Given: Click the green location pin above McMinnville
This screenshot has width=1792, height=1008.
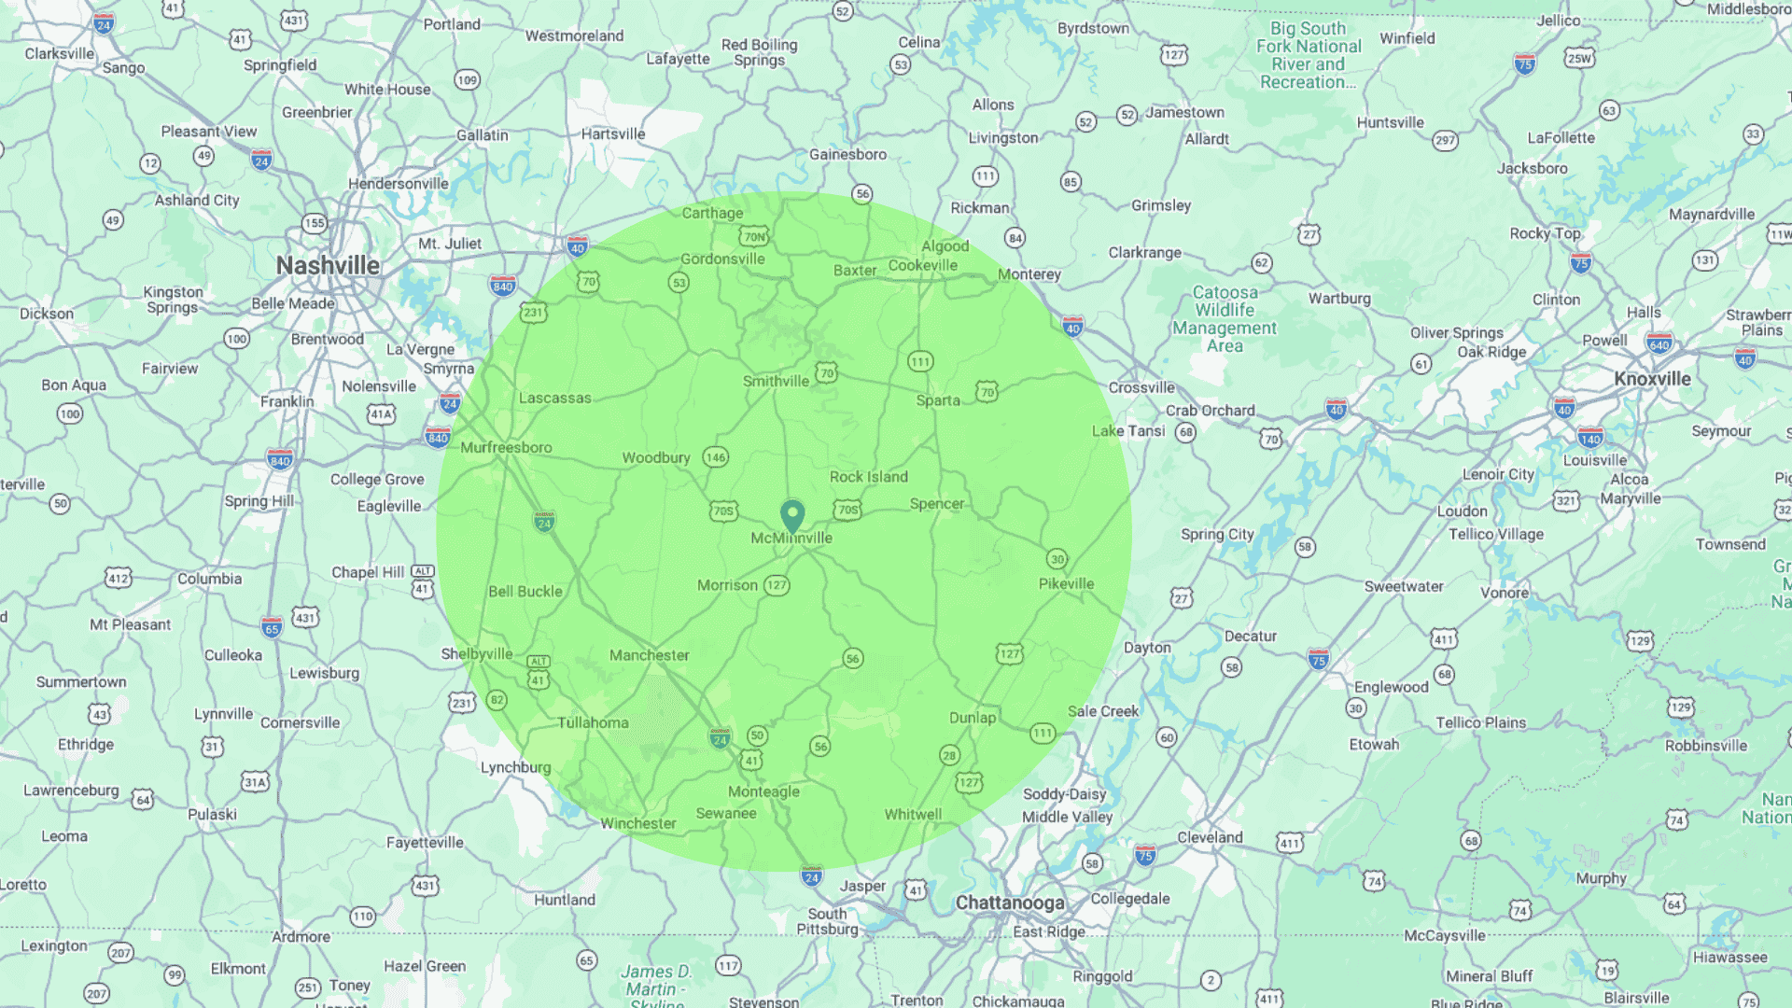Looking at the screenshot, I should [x=792, y=514].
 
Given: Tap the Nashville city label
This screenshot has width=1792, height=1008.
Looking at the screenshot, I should [x=328, y=266].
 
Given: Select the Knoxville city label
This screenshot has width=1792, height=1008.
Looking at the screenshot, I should [x=1652, y=379].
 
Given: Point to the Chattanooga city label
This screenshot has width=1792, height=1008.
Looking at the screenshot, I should [x=1010, y=903].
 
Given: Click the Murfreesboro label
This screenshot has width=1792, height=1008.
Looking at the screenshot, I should [x=506, y=447].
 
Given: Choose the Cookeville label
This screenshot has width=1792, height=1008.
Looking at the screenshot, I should [x=922, y=265].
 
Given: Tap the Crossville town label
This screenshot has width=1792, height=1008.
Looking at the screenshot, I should [x=1141, y=387].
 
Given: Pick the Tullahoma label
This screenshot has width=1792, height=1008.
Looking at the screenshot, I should [x=593, y=722].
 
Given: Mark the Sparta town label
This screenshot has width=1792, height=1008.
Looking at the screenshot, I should [x=937, y=400].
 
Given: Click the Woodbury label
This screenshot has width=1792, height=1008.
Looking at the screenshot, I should [x=656, y=457].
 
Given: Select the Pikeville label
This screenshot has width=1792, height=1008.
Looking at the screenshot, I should [x=1066, y=583].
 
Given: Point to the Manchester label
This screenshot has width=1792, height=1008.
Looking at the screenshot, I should [x=649, y=655].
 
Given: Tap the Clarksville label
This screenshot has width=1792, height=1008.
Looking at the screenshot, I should [x=60, y=53].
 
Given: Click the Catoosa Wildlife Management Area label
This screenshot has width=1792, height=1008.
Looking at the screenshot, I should [x=1225, y=319].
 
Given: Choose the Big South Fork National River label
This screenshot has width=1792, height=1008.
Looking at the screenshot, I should [x=1309, y=55].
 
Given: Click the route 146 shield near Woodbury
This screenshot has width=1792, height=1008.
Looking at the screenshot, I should [x=716, y=457].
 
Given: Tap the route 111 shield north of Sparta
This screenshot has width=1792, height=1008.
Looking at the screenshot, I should [x=920, y=361].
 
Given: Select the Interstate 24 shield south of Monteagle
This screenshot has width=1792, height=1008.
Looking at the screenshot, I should [x=811, y=876].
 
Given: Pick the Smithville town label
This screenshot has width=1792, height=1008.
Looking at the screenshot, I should [x=776, y=381].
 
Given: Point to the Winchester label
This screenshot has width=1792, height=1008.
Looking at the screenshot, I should [x=637, y=823].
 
